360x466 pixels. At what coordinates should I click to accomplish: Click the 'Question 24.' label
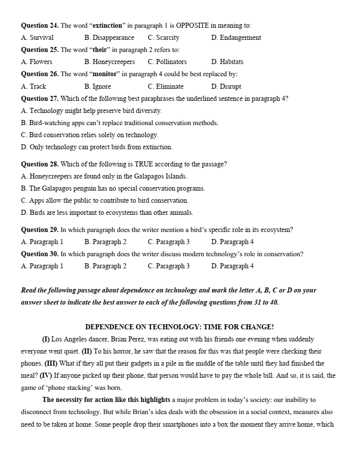[40, 25]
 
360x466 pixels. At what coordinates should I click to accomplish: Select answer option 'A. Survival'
[37, 37]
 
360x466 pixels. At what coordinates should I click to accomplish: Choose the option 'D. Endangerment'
[236, 37]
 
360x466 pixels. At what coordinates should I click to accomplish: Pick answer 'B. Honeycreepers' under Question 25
[109, 62]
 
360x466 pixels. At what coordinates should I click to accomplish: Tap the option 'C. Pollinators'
[167, 62]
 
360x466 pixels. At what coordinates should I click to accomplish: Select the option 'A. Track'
[33, 86]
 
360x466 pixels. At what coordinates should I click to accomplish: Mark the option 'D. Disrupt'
[226, 86]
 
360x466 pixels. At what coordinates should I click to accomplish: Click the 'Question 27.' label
[40, 98]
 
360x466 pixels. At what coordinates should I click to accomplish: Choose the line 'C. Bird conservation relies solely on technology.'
[90, 135]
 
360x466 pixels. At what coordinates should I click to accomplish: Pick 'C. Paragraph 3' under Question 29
[168, 242]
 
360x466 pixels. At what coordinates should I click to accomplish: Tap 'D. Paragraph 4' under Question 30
[232, 266]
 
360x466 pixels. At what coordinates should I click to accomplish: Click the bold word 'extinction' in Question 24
[108, 25]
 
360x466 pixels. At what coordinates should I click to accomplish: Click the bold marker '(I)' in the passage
[46, 339]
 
